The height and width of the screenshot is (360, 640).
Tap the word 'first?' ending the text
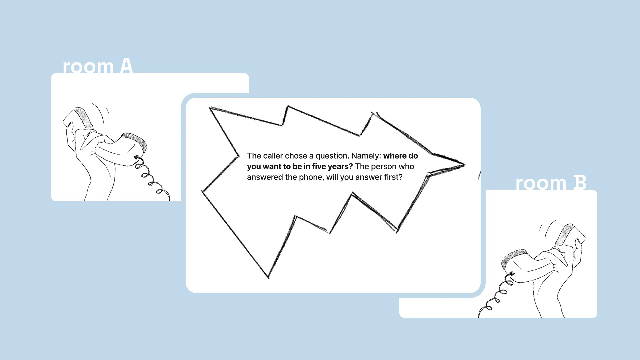coord(393,177)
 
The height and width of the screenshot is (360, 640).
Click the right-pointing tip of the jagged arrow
coord(464,164)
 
